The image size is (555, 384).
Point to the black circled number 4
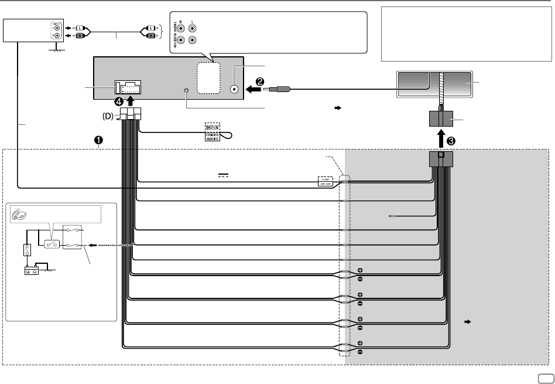coord(119,100)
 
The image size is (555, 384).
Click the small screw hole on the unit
coord(187,91)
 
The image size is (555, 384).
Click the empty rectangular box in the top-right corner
coord(465,34)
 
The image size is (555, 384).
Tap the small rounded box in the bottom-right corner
coord(543,378)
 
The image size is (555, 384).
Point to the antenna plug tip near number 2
coord(270,90)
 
